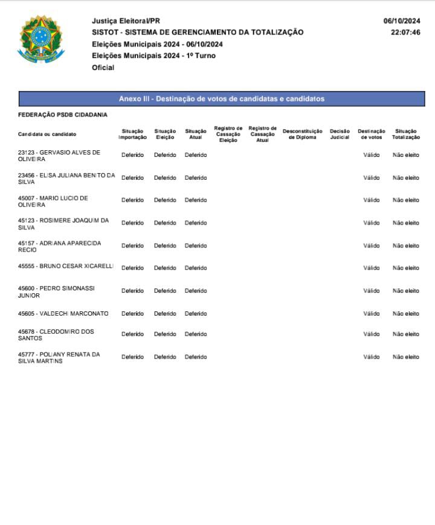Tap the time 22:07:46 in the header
[x=405, y=33]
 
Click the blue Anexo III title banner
[x=222, y=99]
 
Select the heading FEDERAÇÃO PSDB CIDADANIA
[x=63, y=115]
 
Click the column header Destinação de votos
[x=371, y=134]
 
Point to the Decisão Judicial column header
[x=340, y=134]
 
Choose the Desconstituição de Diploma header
[x=302, y=134]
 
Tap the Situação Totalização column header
[x=405, y=134]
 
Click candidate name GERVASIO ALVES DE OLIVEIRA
[x=59, y=156]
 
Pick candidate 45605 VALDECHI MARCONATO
[x=63, y=313]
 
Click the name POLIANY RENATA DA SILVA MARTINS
[x=59, y=357]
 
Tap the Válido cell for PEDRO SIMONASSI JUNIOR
[x=371, y=291]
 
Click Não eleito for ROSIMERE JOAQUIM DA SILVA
[x=405, y=223]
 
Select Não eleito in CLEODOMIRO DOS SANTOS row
[x=405, y=334]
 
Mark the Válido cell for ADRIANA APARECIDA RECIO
[x=371, y=246]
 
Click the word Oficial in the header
[x=103, y=68]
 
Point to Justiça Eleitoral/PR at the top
[x=126, y=21]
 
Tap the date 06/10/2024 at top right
[x=401, y=21]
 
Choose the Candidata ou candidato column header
[x=47, y=134]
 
